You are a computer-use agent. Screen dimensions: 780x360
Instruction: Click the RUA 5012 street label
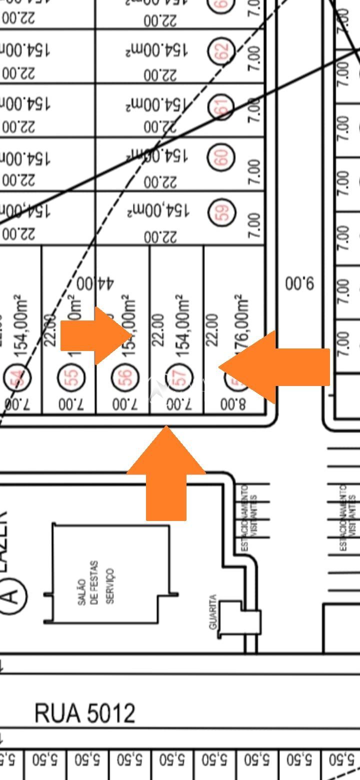pyautogui.click(x=85, y=713)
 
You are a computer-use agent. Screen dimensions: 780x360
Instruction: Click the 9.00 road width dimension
pyautogui.click(x=299, y=284)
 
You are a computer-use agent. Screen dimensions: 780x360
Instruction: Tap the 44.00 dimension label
pyautogui.click(x=95, y=283)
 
